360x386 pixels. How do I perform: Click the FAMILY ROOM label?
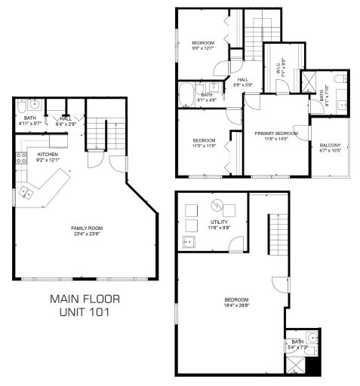click(x=87, y=228)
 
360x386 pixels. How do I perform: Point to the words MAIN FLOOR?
click(x=85, y=299)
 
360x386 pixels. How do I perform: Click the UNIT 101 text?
click(x=85, y=312)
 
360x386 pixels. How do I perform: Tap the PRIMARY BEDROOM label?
click(x=275, y=133)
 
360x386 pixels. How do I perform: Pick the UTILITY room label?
click(x=219, y=222)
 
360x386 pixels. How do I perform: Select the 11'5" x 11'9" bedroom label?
click(x=204, y=143)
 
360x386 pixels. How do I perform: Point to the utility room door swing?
click(x=237, y=243)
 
